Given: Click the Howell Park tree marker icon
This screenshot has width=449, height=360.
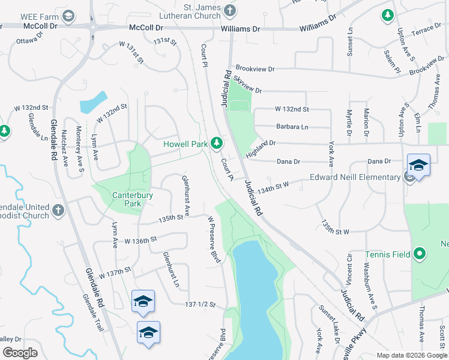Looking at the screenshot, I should click(x=217, y=144).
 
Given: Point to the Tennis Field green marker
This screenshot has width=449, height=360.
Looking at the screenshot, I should click(x=420, y=254).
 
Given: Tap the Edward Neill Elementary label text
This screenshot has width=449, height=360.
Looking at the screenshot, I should click(x=355, y=177).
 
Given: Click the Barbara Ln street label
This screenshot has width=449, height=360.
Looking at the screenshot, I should click(x=292, y=127).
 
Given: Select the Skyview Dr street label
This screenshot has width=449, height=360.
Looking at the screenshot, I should click(x=248, y=85).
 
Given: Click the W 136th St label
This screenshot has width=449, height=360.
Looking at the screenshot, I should click(x=140, y=239).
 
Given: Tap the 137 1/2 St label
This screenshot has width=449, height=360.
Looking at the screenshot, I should click(x=200, y=305).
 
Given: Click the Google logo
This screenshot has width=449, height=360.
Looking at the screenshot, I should click(x=20, y=353).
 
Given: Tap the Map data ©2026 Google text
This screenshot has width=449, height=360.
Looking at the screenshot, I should click(x=411, y=355).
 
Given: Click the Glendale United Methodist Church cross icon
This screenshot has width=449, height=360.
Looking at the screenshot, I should click(x=58, y=211).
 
